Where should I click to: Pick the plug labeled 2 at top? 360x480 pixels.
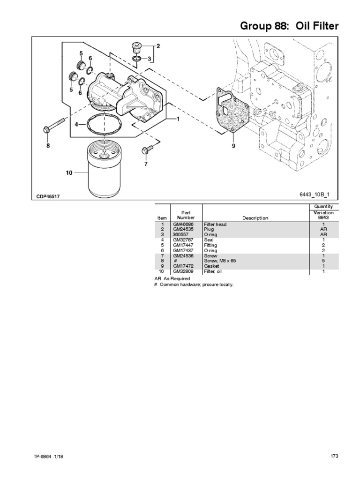135,47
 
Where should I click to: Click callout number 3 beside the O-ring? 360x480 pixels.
150,59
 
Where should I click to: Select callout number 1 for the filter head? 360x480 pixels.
178,119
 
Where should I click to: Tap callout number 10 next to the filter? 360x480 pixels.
69,173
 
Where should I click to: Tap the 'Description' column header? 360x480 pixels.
255,218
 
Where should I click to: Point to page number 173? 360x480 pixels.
334,456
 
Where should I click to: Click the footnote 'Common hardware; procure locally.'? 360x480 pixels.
196,285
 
